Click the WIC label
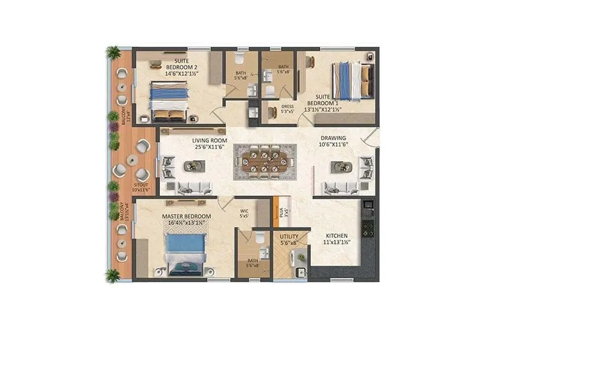244,213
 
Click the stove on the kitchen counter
368,228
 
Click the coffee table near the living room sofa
192,166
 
